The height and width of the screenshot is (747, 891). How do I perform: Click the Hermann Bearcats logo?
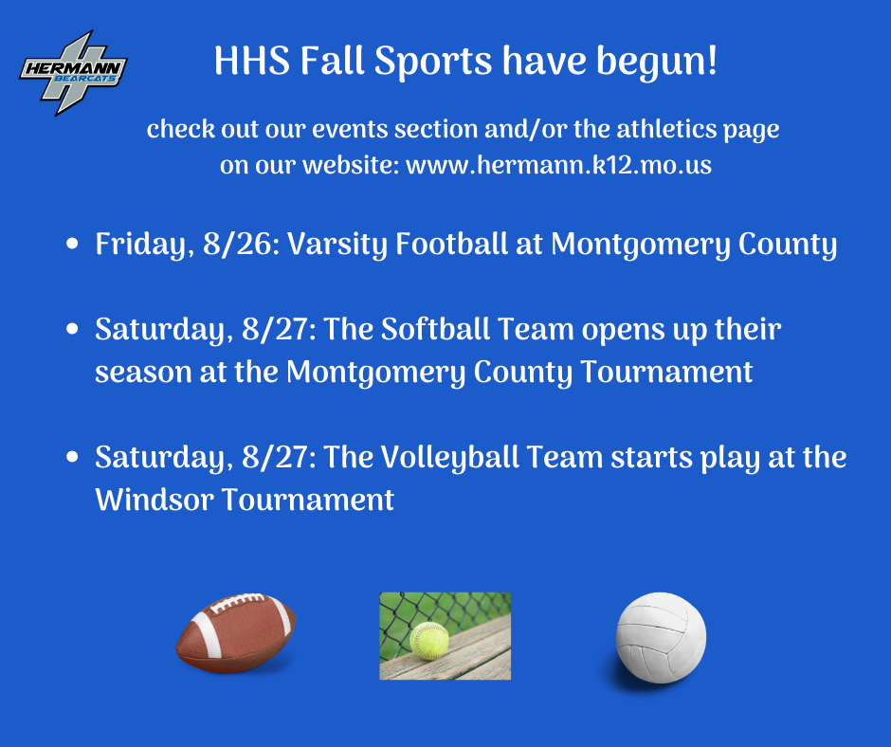point(73,72)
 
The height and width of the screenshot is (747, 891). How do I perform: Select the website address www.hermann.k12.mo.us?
point(558,165)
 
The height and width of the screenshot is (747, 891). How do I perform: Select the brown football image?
point(236,633)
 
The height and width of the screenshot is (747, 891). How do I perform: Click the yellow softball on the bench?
point(429,641)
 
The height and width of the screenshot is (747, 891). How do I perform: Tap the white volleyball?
point(661,637)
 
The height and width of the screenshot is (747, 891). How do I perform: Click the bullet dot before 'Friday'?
point(72,244)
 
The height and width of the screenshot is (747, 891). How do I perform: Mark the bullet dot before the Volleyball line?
point(72,457)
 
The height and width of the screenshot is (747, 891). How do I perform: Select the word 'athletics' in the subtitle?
point(666,129)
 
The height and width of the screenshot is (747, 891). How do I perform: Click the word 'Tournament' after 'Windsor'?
point(307,500)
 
